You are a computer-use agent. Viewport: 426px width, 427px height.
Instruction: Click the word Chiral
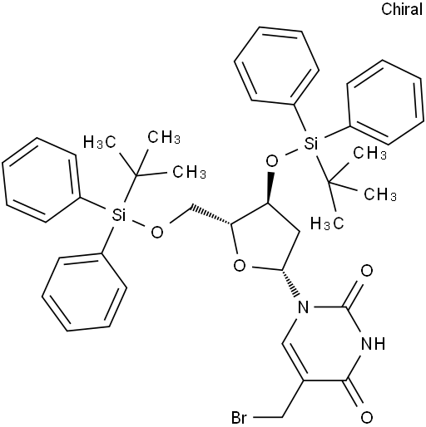point(402,9)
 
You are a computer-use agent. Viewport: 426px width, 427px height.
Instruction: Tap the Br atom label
point(239,418)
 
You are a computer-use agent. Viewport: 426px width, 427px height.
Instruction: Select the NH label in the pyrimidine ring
point(374,344)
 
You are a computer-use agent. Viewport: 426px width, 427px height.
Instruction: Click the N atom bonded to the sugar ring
point(303,307)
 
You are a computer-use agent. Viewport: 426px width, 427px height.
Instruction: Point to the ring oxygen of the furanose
point(240,266)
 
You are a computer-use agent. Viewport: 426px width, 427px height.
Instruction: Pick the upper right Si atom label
point(310,143)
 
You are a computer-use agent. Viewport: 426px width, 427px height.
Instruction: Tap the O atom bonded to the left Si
point(157,232)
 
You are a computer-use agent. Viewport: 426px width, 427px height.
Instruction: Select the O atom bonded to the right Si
point(272,161)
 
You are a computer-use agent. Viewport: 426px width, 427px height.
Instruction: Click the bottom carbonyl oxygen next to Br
point(367,417)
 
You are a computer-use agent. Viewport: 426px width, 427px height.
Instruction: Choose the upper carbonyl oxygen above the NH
point(367,271)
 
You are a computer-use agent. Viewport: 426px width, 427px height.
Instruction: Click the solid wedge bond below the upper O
point(270,188)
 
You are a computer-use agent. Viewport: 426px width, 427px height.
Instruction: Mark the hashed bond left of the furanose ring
point(211,214)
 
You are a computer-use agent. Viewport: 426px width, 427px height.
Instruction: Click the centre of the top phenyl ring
point(276,66)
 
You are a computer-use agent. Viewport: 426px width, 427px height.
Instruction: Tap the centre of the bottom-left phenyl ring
point(84,292)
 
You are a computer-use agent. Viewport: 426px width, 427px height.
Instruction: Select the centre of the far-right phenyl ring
point(386,102)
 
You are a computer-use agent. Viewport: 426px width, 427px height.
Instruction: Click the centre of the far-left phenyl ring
point(41,180)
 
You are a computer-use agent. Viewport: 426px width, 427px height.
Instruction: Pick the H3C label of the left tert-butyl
point(99,143)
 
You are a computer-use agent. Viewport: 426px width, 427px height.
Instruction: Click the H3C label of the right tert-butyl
point(327,223)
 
